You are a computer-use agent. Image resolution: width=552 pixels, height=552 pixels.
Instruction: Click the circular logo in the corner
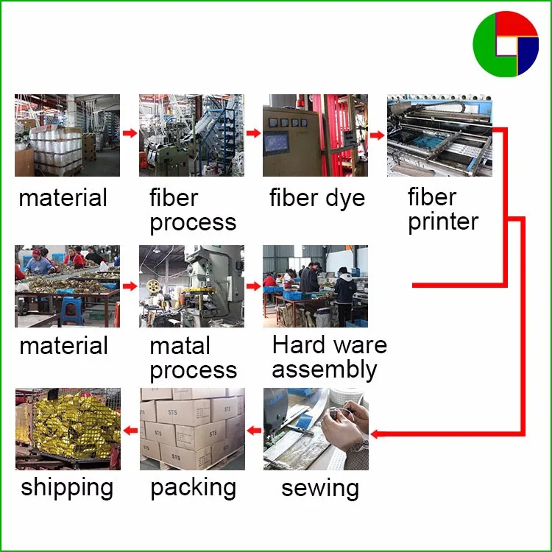tap(506, 43)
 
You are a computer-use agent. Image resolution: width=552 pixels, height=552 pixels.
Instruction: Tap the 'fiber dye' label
tap(316, 198)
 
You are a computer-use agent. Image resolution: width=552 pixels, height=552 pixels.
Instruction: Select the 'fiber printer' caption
tap(443, 209)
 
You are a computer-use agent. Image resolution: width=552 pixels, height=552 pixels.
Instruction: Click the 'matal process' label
tap(193, 358)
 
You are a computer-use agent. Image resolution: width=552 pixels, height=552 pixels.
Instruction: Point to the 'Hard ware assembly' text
tap(328, 357)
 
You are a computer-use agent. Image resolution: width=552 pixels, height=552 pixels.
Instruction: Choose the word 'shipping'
tap(67, 487)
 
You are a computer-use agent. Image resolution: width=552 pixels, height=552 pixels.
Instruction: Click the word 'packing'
tap(193, 487)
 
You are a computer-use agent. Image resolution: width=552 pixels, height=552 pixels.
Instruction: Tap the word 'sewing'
tap(320, 487)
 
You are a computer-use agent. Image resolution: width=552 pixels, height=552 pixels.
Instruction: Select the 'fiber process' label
tap(193, 210)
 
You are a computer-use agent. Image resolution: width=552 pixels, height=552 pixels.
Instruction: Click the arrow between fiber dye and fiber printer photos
tap(378, 134)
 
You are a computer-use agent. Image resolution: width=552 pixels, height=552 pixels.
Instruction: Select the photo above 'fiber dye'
tap(315, 135)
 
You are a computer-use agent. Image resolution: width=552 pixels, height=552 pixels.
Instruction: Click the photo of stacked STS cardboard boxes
tap(192, 428)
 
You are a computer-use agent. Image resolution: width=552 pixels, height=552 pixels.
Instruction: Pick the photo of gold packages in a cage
tap(68, 428)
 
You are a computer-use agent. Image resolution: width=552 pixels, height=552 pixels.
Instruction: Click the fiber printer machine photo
tap(439, 135)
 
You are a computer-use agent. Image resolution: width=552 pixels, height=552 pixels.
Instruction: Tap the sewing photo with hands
tap(316, 428)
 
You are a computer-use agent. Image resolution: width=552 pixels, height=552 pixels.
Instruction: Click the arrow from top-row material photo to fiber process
tap(130, 134)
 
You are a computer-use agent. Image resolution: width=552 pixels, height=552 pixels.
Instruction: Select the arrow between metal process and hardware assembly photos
tap(253, 285)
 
